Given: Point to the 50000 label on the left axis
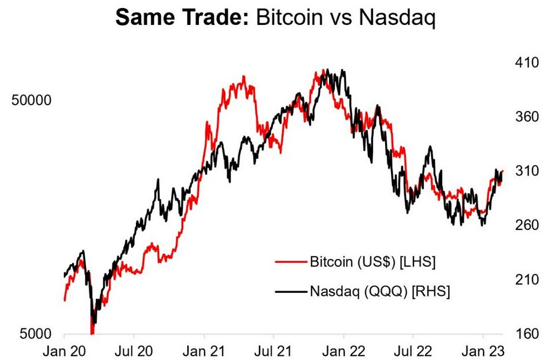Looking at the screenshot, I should pyautogui.click(x=32, y=100).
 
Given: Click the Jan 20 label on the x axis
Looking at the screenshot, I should pyautogui.click(x=64, y=350).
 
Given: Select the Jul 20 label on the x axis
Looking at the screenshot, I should pyautogui.click(x=134, y=350).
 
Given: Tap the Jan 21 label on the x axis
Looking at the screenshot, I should pyautogui.click(x=204, y=350).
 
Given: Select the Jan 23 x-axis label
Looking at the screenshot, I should pyautogui.click(x=483, y=350).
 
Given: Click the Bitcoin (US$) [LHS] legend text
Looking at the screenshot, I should pyautogui.click(x=372, y=262).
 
